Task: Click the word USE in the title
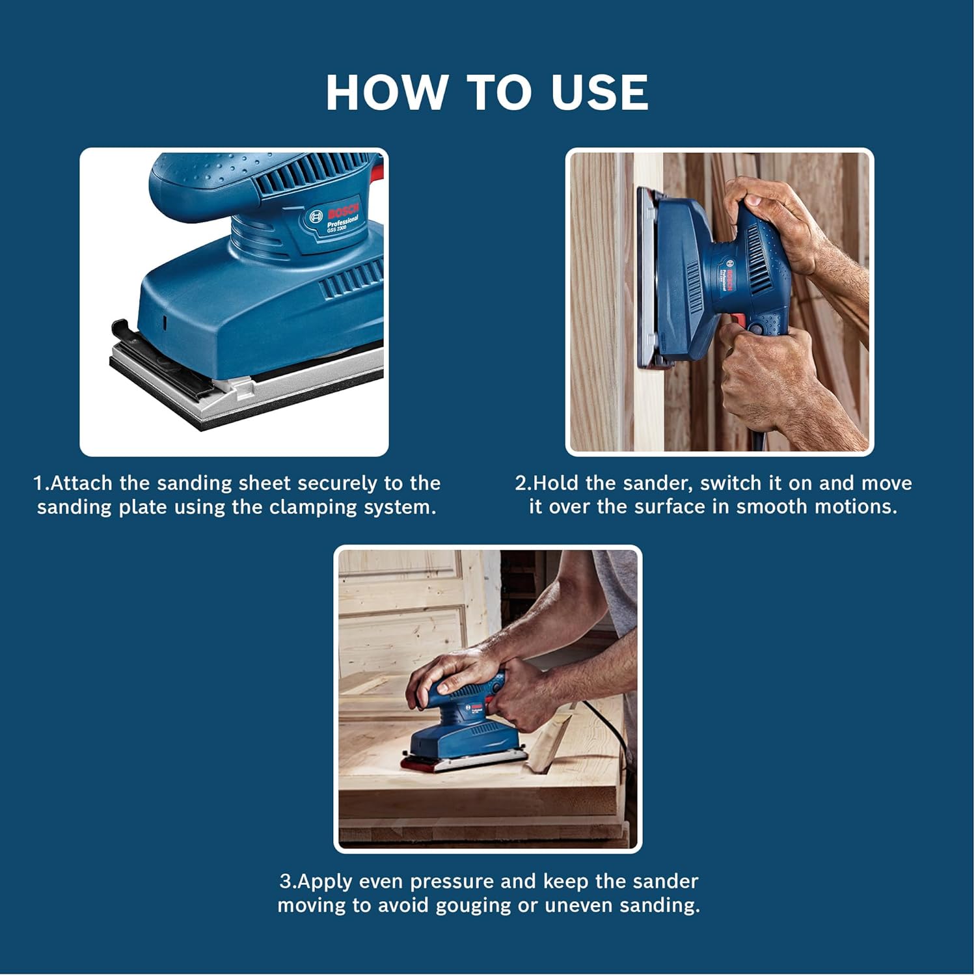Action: click(599, 92)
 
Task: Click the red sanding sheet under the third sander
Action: click(423, 766)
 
